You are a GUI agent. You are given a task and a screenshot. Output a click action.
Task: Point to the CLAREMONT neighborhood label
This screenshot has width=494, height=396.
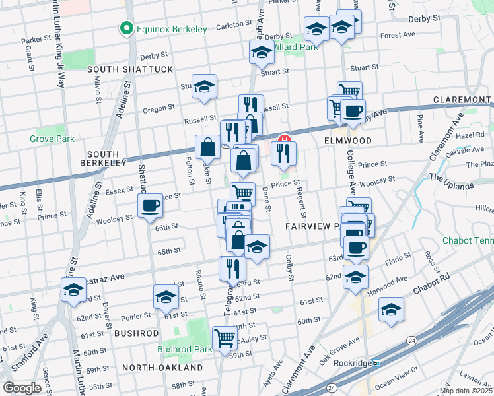pos(461,100)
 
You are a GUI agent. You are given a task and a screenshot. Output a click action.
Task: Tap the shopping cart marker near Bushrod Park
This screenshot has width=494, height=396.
pos(225,337)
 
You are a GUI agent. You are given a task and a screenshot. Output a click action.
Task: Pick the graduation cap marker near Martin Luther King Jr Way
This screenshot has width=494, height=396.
pos(73,289)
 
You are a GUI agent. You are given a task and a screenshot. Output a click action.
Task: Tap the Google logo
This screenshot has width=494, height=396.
pos(22,388)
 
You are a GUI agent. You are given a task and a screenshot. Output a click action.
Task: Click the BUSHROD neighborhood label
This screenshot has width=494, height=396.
pos(137,334)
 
